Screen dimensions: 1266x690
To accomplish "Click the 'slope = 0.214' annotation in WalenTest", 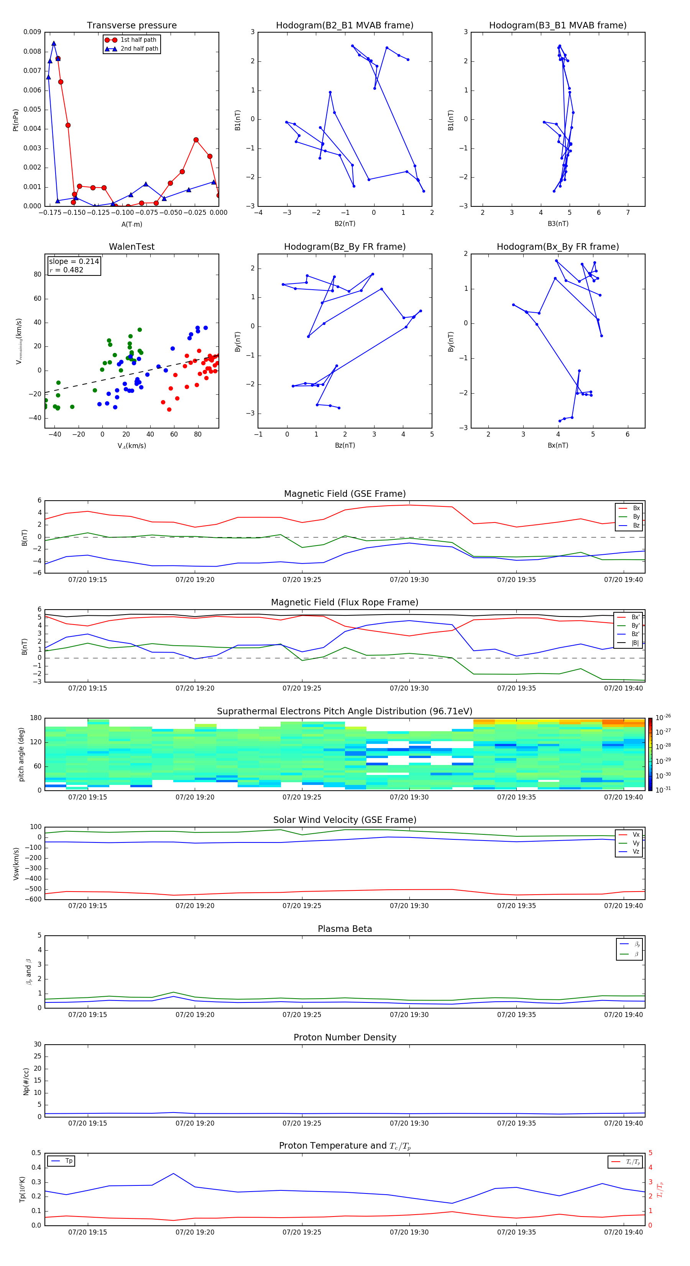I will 74,262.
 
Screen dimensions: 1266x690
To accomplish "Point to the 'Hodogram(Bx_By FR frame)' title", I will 557,247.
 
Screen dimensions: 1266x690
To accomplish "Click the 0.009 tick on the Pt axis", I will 33,33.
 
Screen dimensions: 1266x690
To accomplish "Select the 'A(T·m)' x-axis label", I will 131,224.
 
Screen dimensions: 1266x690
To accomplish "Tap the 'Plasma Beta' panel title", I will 345,929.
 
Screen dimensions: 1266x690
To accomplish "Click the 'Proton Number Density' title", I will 345,1037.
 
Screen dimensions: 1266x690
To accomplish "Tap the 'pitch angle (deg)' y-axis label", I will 21,754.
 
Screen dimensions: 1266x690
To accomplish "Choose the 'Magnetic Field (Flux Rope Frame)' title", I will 344,603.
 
